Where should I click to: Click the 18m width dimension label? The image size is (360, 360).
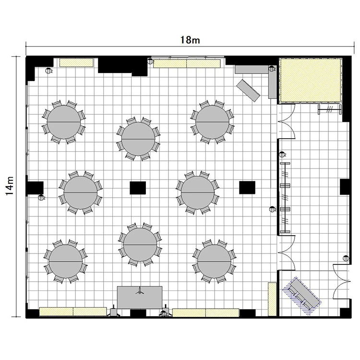190,40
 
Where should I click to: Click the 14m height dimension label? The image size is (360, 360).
10,186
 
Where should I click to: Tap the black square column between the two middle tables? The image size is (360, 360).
138,188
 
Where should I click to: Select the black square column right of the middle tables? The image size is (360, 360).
247,187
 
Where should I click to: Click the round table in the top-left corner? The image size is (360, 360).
64,122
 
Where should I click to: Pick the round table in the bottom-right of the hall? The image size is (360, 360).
214,261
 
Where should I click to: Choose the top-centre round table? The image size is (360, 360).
138,139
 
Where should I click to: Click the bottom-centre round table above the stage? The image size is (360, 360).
140,245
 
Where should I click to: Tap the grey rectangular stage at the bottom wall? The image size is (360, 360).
140,297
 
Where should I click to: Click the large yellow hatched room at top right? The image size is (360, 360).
311,80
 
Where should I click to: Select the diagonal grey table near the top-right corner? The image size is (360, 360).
248,90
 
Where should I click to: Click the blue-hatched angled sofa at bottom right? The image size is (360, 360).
302,296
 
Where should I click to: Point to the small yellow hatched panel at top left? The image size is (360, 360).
76,63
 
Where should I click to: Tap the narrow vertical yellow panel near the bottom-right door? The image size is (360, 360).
272,299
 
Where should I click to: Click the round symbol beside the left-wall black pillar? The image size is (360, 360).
41,197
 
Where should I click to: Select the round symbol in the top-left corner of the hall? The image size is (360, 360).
48,71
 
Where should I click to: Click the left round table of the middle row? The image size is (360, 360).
81,192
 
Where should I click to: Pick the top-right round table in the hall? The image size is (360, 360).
212,122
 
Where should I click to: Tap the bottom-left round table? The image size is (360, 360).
66,262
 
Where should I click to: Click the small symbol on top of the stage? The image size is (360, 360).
140,291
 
